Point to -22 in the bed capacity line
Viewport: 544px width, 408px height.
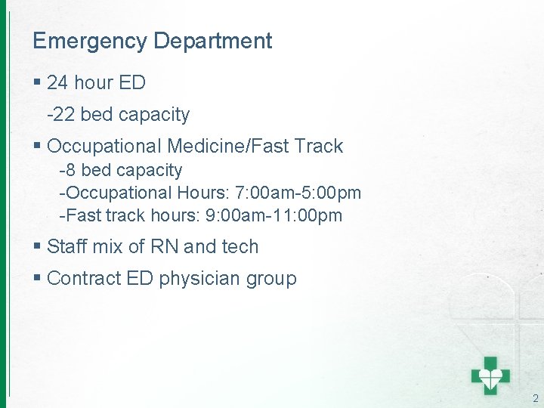click(61, 115)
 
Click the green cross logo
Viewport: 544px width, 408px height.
click(491, 375)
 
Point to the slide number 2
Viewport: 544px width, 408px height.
click(535, 398)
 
